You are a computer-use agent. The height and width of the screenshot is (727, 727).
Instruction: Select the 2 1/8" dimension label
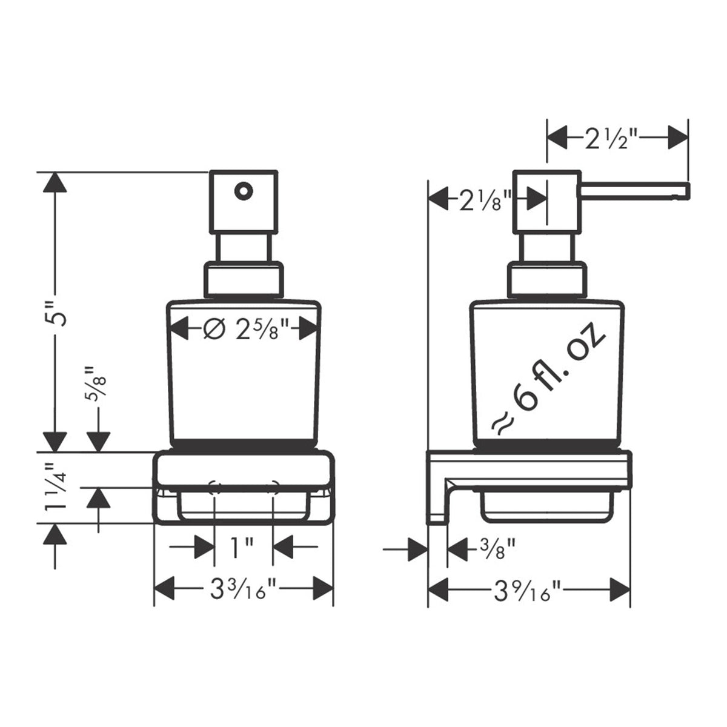[x=485, y=199]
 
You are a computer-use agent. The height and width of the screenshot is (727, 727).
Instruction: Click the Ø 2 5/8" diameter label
[x=247, y=328]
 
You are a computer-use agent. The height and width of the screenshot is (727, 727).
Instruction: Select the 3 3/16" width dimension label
[x=244, y=589]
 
